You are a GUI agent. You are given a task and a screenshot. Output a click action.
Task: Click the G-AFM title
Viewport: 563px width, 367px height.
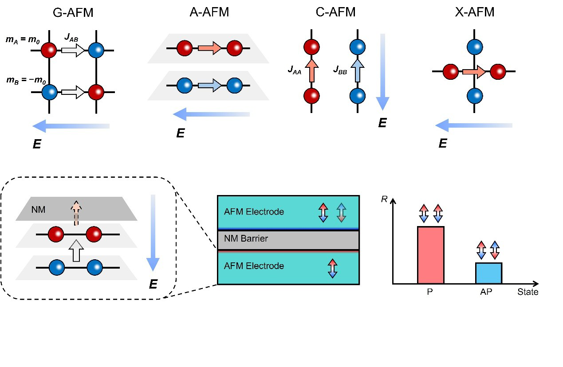(73, 12)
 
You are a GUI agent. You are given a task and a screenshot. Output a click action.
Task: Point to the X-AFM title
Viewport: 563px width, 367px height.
(474, 12)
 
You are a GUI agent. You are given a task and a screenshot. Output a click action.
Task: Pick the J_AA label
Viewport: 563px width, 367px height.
(295, 69)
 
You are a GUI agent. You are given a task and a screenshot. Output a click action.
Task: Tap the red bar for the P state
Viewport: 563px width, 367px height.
(430, 255)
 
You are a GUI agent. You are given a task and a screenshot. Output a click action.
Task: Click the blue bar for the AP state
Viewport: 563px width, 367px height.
(488, 273)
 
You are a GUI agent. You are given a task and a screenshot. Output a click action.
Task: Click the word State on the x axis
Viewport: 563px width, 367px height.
(528, 292)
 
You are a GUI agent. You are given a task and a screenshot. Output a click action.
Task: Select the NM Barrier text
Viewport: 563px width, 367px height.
(246, 239)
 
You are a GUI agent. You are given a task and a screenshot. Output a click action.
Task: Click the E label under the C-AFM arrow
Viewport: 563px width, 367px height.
(382, 123)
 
